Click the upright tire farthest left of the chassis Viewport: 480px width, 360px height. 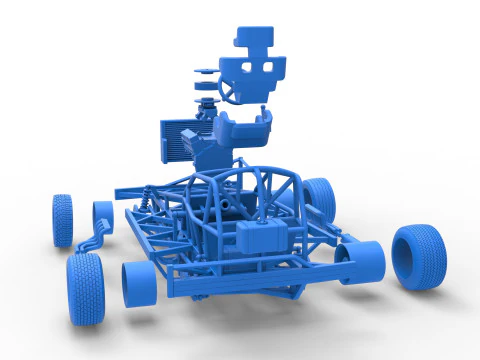point(63,220)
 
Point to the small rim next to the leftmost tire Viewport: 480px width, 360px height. point(102,214)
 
